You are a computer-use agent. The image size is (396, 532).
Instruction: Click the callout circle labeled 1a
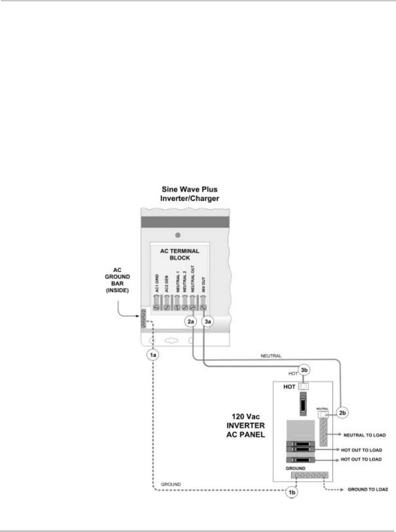coord(154,356)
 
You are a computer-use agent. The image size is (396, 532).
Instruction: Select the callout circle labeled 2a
coord(191,322)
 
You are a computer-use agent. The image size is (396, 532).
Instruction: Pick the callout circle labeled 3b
coord(304,369)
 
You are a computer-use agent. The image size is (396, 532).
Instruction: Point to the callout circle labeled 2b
coord(342,413)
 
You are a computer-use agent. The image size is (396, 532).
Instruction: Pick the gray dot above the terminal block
coord(178,235)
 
